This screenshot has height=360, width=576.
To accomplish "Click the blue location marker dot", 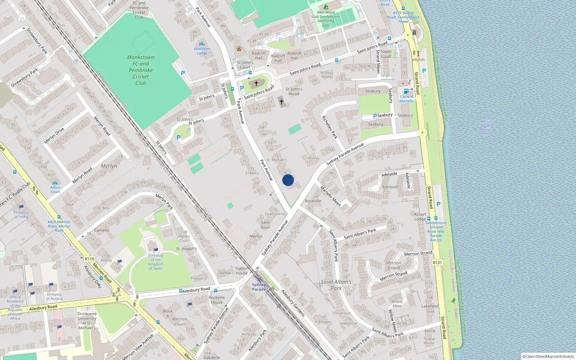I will click(x=288, y=180).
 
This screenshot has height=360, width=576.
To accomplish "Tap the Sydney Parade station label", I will click(x=259, y=287).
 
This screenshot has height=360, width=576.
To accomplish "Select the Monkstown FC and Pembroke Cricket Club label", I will click(x=140, y=70).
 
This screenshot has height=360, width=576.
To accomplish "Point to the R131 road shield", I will click(x=437, y=262).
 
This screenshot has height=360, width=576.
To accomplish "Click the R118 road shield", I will click(x=89, y=259).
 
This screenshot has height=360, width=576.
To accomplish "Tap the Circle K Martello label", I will click(x=406, y=99).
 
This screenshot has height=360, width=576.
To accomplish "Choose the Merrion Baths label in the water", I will click(x=486, y=127).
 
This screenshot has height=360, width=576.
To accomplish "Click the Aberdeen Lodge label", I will click(x=202, y=51).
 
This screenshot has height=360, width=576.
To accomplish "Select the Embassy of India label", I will click(x=21, y=214).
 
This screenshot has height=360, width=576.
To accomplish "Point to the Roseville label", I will click(x=313, y=201).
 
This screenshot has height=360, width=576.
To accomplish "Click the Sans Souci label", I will click(x=265, y=225).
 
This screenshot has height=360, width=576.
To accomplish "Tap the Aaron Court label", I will click(x=55, y=189).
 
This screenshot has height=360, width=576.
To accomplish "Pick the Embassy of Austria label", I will click(x=54, y=296).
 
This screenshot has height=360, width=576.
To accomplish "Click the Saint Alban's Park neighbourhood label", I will click(x=336, y=285).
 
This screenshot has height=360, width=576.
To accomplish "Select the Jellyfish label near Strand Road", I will click(x=418, y=60).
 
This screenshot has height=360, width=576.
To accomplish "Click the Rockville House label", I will click(x=217, y=300).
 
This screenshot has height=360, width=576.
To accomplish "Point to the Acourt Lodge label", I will click(x=420, y=216).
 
